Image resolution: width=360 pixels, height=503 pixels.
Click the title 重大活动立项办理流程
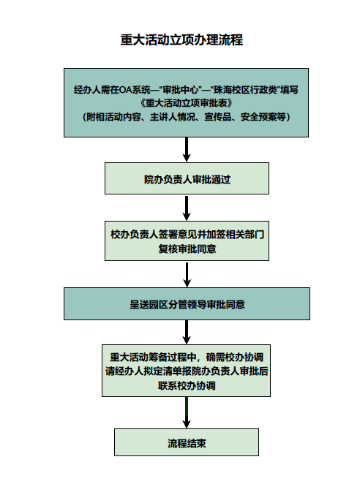tap(181, 40)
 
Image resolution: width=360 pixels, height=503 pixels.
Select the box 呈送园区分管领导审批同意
tap(187, 304)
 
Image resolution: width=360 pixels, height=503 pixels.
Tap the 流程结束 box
tap(187, 443)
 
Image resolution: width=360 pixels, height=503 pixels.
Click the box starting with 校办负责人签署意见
tap(187, 242)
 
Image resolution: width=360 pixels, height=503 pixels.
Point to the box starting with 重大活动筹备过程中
tap(187, 371)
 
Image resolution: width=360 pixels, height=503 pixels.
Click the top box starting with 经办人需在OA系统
tap(187, 102)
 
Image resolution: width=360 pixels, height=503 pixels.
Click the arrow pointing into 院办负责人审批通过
tap(187, 150)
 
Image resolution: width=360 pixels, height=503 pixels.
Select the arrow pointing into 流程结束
tap(187, 413)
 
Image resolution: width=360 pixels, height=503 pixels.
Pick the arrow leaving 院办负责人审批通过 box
tap(187, 208)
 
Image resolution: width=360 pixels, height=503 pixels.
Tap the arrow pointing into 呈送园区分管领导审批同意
tap(187, 274)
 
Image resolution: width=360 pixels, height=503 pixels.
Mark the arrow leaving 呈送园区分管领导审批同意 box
tap(187, 333)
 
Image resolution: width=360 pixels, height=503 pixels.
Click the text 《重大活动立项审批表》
tap(186, 102)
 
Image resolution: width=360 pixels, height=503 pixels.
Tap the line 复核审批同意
tap(187, 249)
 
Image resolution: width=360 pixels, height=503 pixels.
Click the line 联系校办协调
tap(187, 385)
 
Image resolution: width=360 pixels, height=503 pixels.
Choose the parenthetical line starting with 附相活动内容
tap(187, 116)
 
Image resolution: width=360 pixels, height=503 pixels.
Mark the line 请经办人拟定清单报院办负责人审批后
tap(187, 371)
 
